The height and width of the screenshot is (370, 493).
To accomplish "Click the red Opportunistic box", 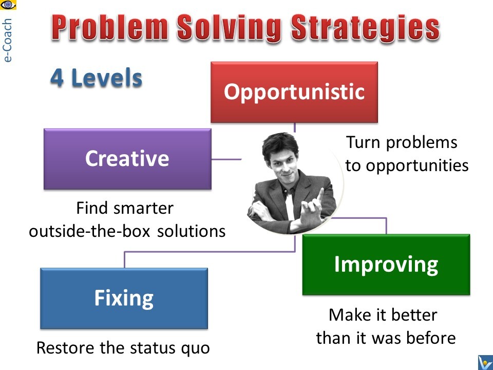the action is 294,92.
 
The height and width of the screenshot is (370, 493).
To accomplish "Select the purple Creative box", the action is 127,159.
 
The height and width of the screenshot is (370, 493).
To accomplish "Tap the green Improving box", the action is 386,265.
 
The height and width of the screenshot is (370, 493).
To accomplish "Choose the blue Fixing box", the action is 124,298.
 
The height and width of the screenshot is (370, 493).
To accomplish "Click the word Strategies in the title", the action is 365,28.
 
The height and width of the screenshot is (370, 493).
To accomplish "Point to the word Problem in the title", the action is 110,27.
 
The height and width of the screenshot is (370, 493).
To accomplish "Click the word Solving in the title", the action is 229,28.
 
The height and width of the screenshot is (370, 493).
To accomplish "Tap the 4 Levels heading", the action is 96,78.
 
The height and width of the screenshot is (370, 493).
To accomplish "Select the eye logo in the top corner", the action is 8,5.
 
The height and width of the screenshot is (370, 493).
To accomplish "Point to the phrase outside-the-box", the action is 89,231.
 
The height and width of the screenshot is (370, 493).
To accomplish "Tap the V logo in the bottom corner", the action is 485,362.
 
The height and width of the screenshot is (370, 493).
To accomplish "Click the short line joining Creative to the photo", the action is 226,159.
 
